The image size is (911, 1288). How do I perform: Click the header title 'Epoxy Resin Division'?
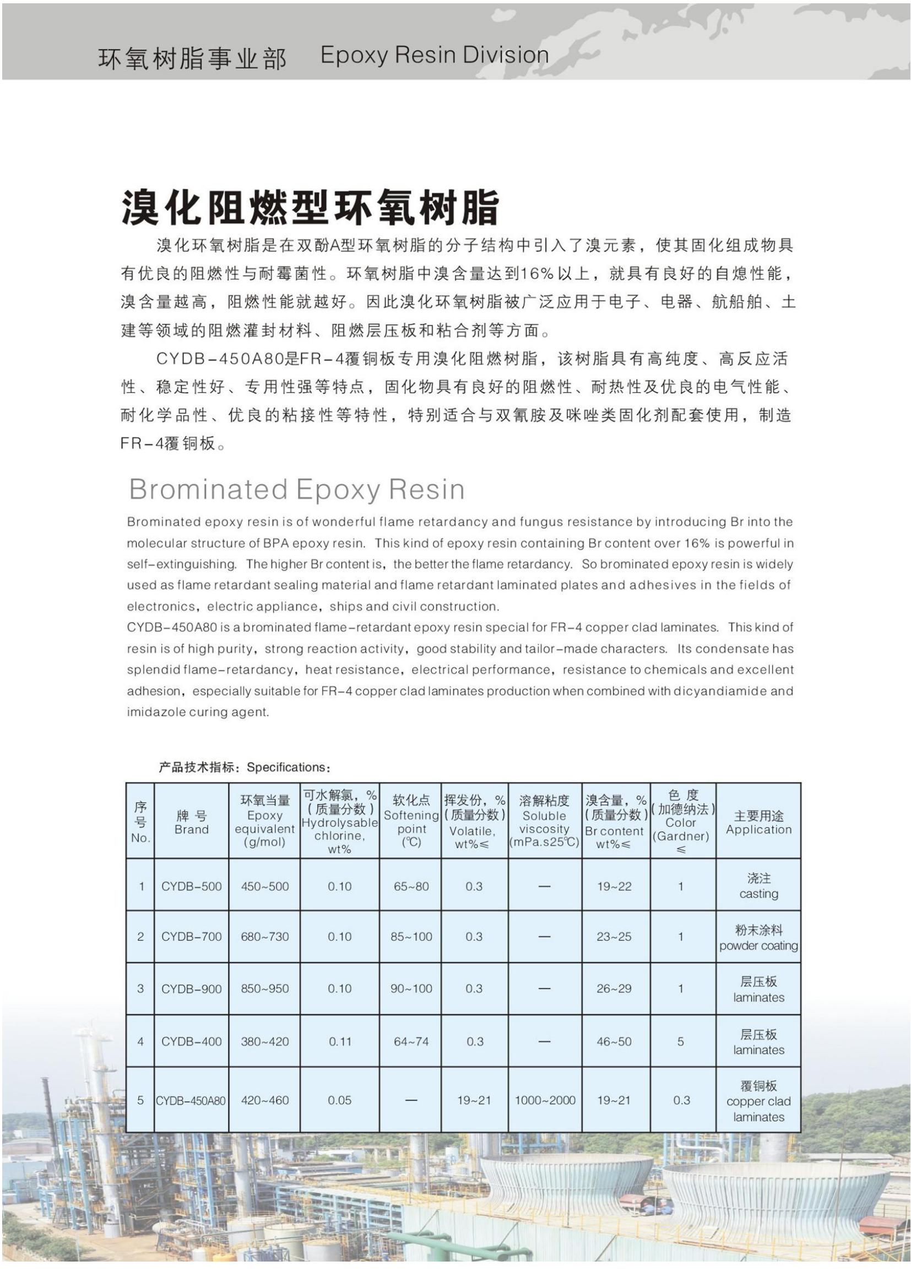pos(434,56)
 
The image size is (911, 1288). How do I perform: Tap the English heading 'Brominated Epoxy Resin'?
pos(297,489)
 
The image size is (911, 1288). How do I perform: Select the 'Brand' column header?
pos(191,822)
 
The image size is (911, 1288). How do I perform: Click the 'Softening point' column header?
pos(411,822)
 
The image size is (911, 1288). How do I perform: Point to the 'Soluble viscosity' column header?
pos(544,822)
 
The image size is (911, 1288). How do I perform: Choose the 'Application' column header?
pos(758,822)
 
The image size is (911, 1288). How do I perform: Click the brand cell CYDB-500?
pos(191,887)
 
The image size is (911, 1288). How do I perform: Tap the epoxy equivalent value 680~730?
pos(265,936)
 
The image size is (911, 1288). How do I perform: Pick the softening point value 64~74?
pos(411,1041)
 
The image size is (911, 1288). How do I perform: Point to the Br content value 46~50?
pos(614,1041)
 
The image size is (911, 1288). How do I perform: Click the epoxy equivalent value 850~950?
pos(265,988)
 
